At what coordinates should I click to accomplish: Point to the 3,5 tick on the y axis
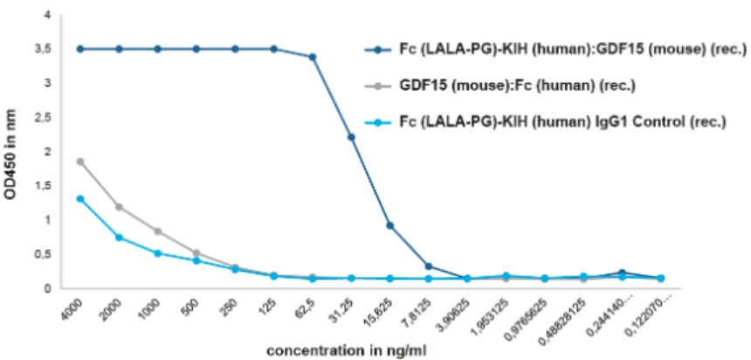[50, 50]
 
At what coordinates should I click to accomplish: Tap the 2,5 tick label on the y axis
[50, 118]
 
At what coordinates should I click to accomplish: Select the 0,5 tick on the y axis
[50, 254]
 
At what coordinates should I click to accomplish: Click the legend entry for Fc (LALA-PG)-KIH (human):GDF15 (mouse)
[555, 48]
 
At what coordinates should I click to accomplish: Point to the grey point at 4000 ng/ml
[80, 162]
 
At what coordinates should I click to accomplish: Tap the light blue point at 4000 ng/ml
[80, 198]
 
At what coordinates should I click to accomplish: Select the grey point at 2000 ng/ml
[119, 207]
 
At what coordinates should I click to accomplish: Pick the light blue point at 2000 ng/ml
[119, 238]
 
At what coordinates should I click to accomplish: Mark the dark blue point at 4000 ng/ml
[80, 49]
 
